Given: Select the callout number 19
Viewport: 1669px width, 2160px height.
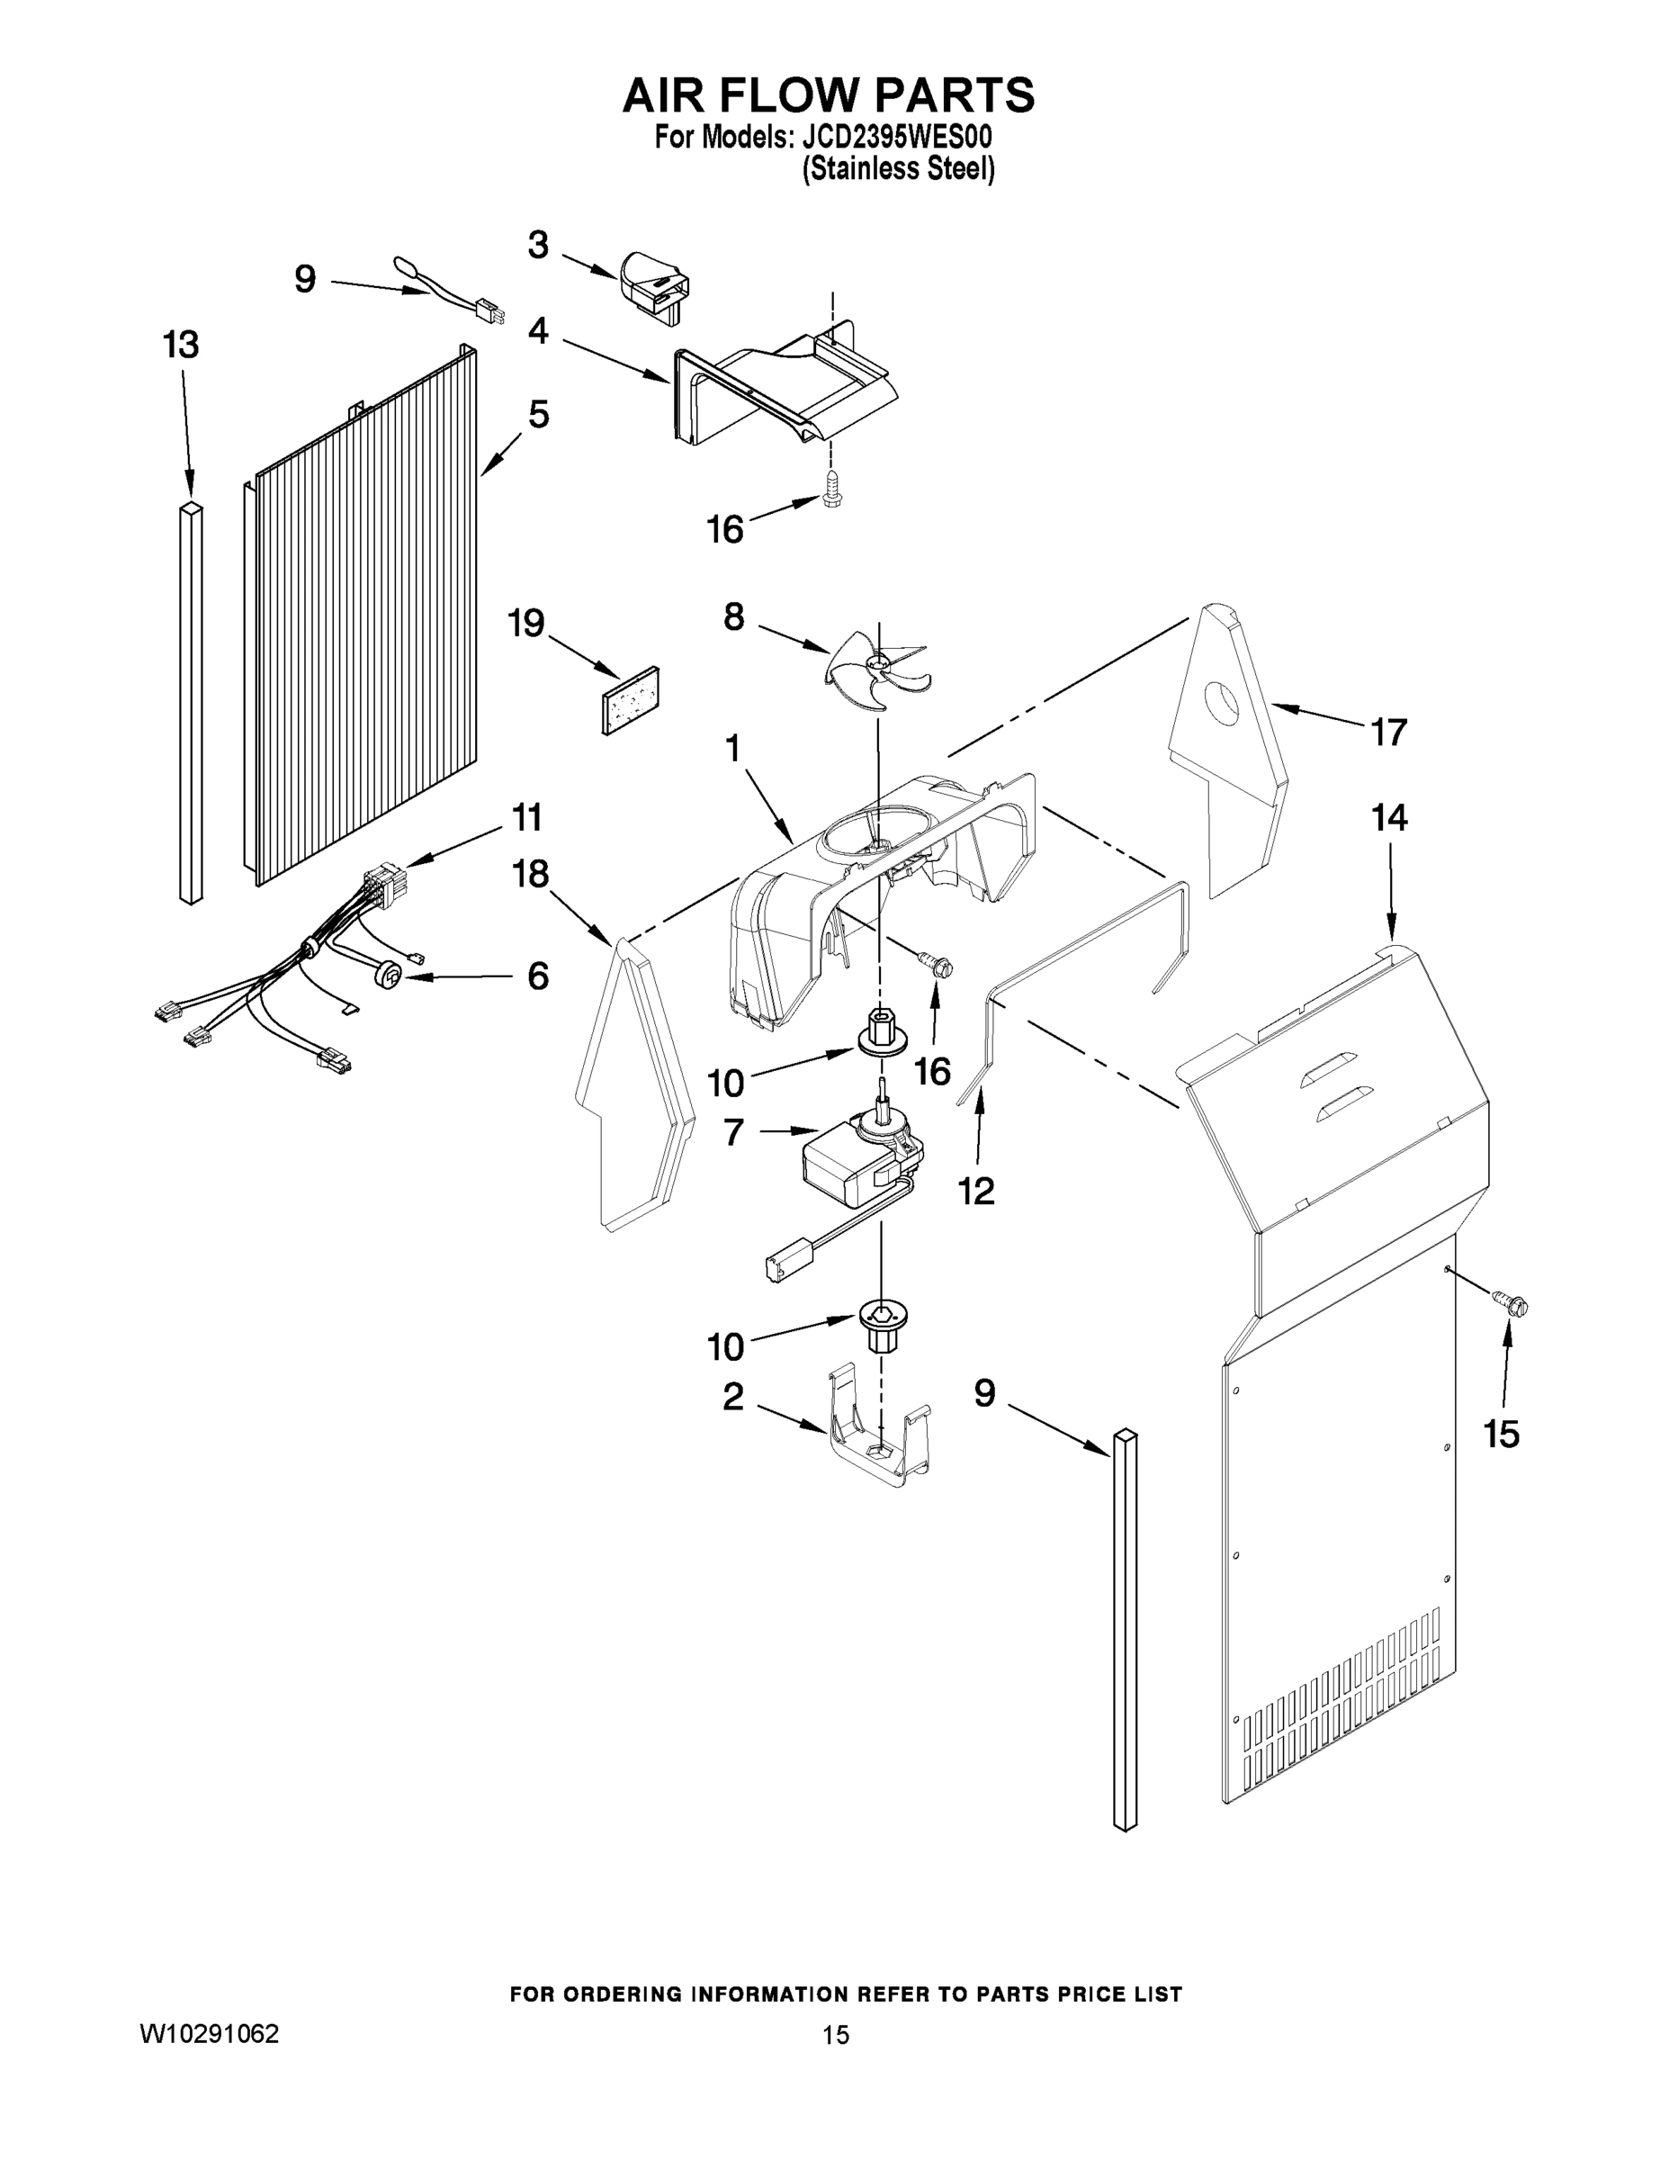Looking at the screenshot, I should (x=526, y=623).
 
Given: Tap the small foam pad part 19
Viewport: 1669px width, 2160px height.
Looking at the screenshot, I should (x=631, y=700).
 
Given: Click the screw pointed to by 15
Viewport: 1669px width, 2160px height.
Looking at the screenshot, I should (x=1510, y=1304).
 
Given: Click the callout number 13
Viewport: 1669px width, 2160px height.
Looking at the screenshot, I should (x=181, y=346).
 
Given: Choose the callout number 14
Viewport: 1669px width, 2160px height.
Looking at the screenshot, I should (x=1389, y=818).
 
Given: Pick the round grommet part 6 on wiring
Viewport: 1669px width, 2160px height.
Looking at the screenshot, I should (x=390, y=977).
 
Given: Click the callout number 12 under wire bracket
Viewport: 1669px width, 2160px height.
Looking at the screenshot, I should (x=976, y=1192).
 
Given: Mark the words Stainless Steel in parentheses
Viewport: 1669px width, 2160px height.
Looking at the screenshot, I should (x=898, y=169).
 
